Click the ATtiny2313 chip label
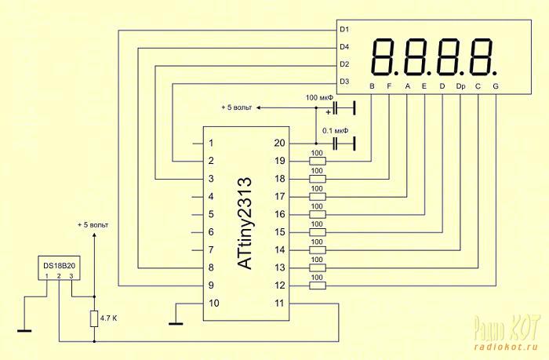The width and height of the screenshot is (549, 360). point(245,224)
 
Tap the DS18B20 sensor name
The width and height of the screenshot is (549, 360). point(59,266)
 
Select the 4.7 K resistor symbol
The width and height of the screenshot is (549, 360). point(94,318)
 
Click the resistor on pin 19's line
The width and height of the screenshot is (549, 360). point(318,161)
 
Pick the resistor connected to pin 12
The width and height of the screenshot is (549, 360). point(318,285)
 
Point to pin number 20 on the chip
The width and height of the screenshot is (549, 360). point(279,143)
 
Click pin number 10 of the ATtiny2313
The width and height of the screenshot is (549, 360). point(213,304)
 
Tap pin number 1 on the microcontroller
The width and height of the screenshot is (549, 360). point(211,143)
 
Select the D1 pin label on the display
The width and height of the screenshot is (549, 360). point(344,30)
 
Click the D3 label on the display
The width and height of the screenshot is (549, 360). point(344,82)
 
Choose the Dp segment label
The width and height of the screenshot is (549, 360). point(461,86)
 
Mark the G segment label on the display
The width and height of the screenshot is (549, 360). point(496,86)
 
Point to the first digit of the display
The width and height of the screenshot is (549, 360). point(384,57)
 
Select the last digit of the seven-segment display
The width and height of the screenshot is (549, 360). point(482,57)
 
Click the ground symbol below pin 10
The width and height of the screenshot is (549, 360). point(176,324)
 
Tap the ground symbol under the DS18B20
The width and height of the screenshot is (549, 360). point(24,330)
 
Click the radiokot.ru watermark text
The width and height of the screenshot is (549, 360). point(506,347)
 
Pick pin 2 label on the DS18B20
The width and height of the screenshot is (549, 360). point(59,276)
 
